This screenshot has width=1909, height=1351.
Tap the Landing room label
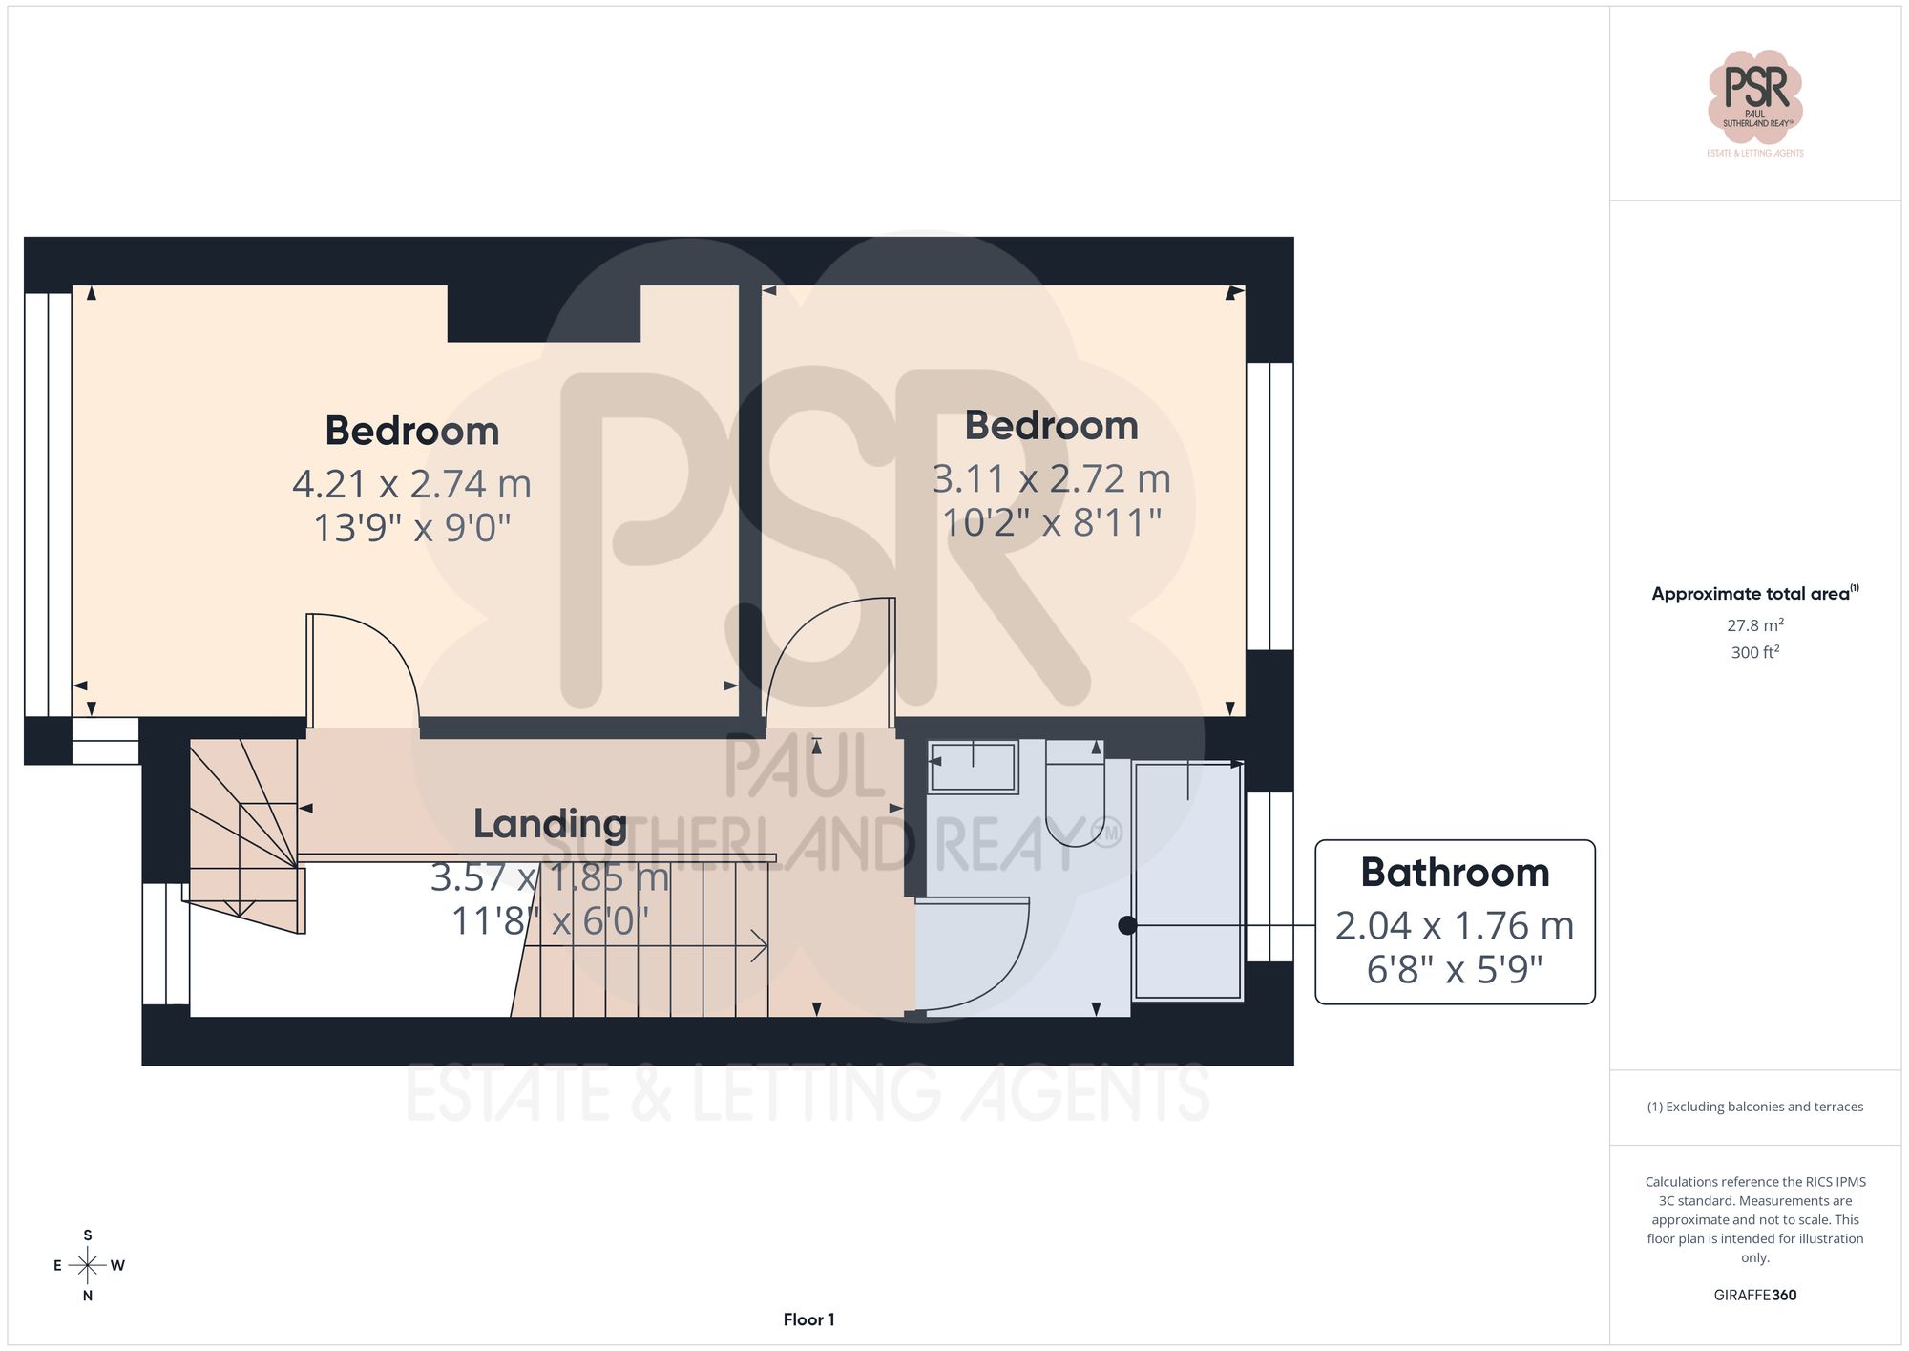click(550, 824)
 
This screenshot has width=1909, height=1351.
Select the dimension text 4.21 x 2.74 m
click(411, 484)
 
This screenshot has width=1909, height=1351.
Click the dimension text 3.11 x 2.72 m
click(1051, 478)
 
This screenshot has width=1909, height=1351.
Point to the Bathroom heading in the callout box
click(1454, 873)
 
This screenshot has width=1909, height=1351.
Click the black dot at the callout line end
click(1127, 925)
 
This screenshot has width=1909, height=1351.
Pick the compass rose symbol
click(88, 1266)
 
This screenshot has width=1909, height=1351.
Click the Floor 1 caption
click(808, 1319)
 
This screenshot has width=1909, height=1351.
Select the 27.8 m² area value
click(1754, 625)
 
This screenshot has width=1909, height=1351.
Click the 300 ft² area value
click(1754, 652)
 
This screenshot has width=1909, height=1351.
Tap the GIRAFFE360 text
click(1754, 1295)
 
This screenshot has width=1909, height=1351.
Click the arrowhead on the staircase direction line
click(761, 946)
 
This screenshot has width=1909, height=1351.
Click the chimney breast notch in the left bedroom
click(543, 312)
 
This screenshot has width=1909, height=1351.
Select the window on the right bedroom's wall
click(1269, 506)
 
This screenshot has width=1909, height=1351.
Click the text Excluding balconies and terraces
click(1754, 1107)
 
